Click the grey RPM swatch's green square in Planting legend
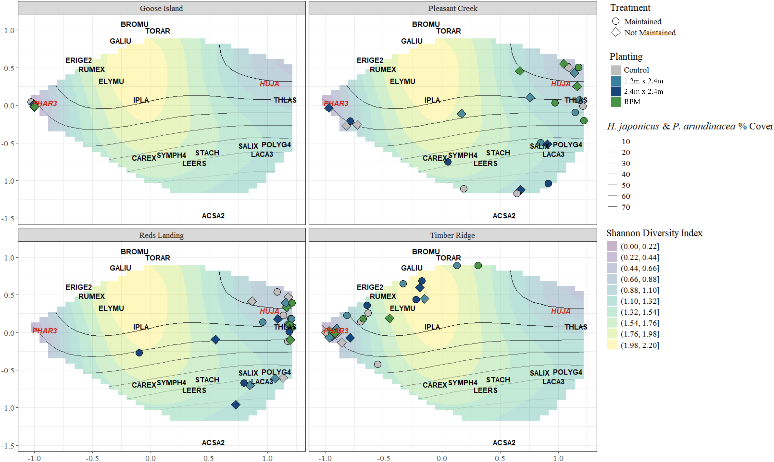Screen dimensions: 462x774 (x=616, y=102)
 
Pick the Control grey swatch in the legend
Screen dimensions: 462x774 (x=616, y=70)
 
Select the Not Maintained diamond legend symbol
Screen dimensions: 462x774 (x=616, y=32)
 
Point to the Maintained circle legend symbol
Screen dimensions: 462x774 (x=616, y=21)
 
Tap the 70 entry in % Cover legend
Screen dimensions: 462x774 (x=626, y=207)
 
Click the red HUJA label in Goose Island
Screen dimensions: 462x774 (x=269, y=84)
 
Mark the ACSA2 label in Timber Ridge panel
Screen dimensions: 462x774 (x=504, y=442)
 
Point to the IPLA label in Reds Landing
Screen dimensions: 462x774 (x=141, y=327)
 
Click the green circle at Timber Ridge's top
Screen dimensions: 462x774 (x=478, y=265)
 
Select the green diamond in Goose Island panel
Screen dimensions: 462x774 (x=35, y=106)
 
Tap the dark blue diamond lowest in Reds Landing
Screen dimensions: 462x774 (x=235, y=405)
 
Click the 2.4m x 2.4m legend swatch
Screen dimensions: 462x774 (x=616, y=91)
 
